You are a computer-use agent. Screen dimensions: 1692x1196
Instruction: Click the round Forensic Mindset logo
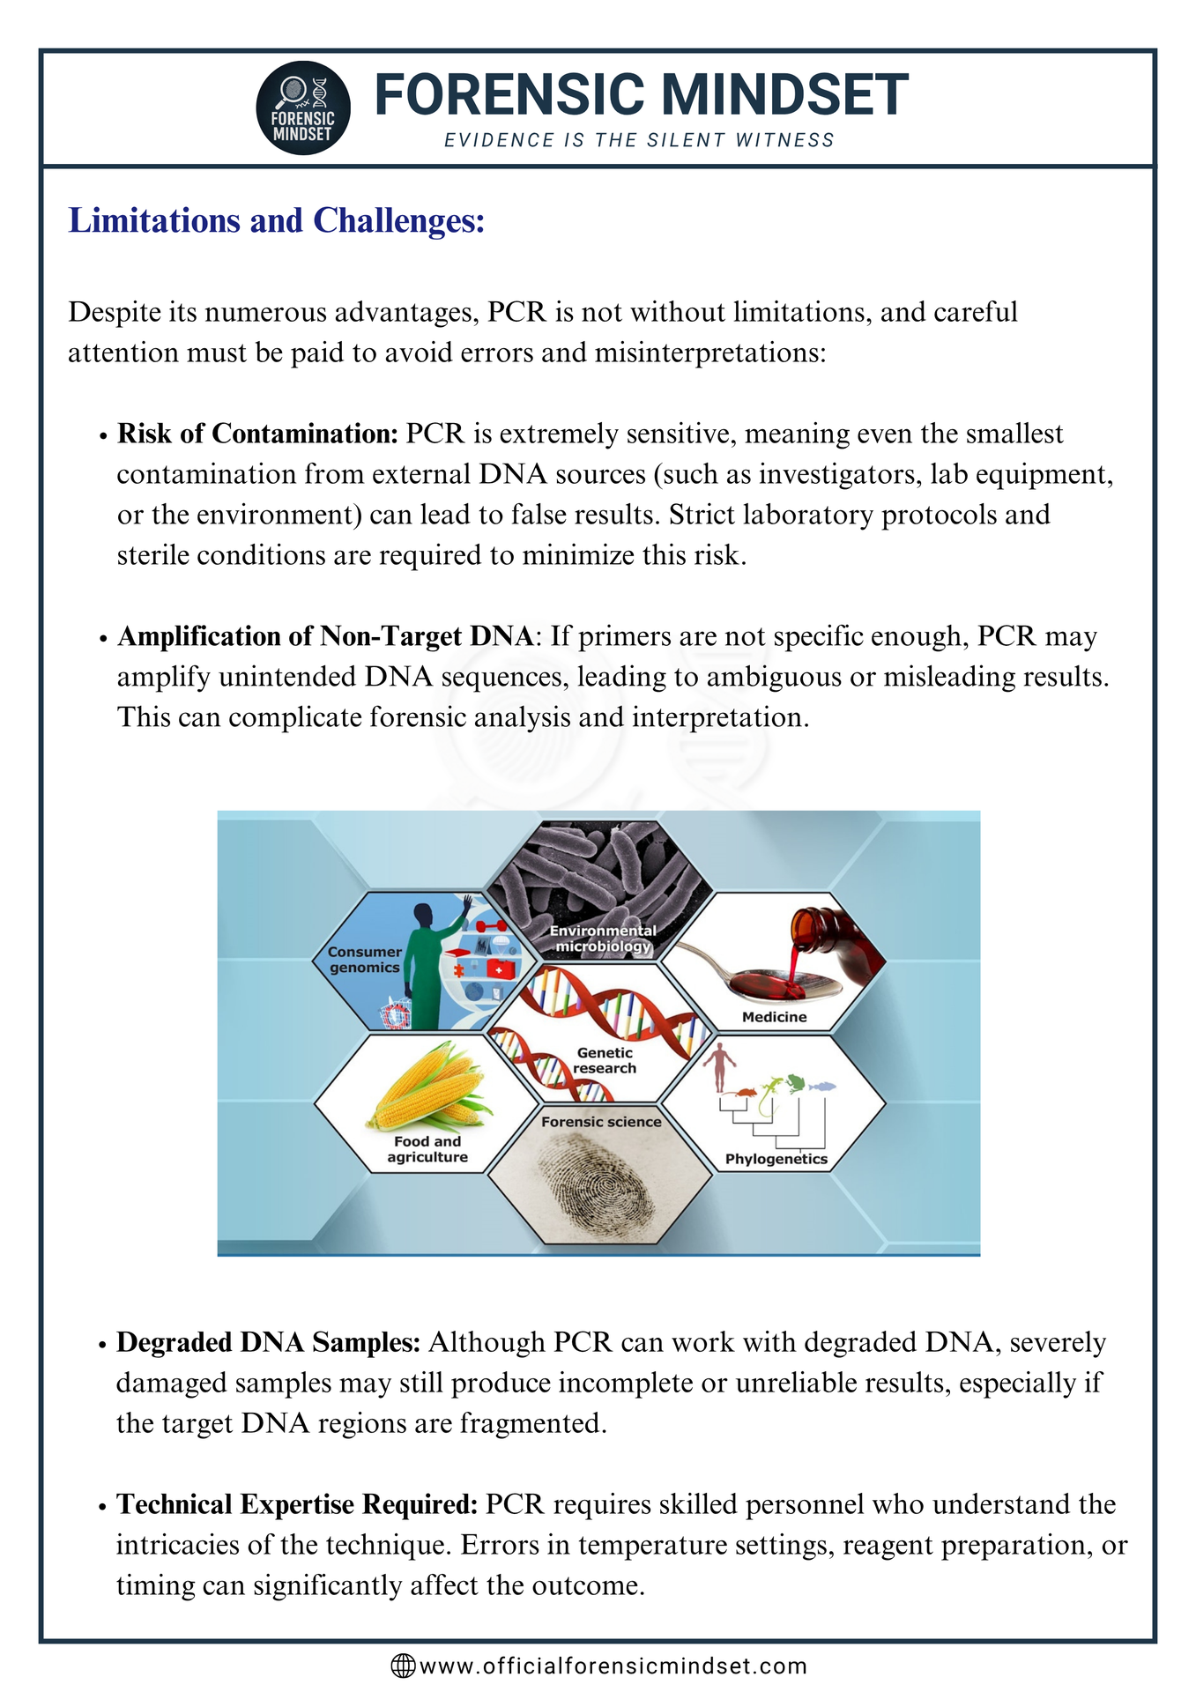303,108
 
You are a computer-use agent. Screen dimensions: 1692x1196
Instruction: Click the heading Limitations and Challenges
277,220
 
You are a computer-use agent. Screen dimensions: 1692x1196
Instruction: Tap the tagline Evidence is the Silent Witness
639,140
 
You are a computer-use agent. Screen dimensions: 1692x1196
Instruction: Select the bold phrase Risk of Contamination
257,434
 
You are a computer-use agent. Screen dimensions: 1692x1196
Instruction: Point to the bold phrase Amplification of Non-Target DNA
325,636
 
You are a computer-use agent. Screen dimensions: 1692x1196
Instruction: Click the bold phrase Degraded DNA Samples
268,1342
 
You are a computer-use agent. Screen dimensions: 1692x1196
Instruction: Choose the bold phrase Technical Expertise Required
297,1504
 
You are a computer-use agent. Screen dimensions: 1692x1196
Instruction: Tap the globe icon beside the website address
403,1666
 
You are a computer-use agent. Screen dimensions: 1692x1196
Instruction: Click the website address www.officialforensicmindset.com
613,1666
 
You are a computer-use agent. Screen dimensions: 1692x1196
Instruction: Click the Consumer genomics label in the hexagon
365,960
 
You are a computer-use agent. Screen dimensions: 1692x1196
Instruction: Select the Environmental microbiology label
603,939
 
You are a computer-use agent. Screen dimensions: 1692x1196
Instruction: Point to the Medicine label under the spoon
774,1017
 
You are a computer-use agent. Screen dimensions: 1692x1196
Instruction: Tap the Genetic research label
605,1060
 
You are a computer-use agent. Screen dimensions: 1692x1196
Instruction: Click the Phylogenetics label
776,1159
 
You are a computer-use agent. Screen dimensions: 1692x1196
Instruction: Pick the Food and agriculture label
427,1149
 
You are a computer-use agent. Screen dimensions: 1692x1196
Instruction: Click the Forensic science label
601,1122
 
